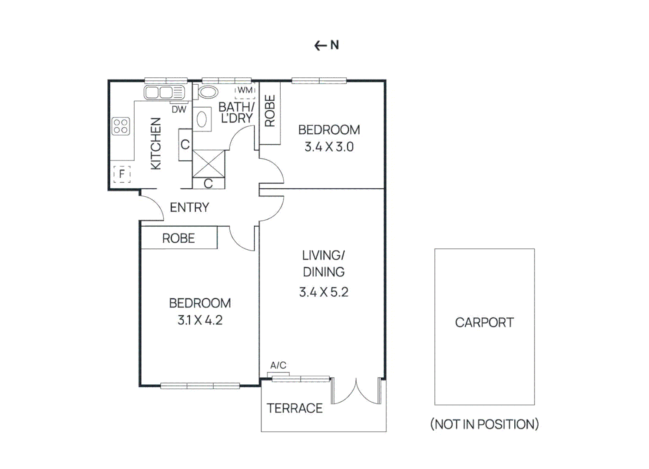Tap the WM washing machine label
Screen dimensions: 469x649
pyautogui.click(x=245, y=90)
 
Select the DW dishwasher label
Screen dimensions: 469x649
pyautogui.click(x=179, y=109)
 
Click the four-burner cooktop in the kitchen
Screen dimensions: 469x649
pyautogui.click(x=121, y=126)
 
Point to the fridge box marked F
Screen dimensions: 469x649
pyautogui.click(x=122, y=174)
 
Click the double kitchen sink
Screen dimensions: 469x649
pyautogui.click(x=164, y=92)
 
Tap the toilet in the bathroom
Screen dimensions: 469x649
pyautogui.click(x=207, y=92)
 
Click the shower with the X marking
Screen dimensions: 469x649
pyautogui.click(x=209, y=164)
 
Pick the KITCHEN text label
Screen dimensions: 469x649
pyautogui.click(x=156, y=143)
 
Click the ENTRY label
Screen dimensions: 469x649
pyautogui.click(x=189, y=208)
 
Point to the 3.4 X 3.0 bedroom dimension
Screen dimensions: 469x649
pyautogui.click(x=329, y=147)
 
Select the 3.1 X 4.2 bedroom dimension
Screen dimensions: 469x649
pyautogui.click(x=200, y=320)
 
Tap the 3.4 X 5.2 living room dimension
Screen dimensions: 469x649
pyautogui.click(x=324, y=292)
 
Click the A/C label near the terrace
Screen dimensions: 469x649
pyautogui.click(x=278, y=365)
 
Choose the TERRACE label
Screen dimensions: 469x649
pyautogui.click(x=295, y=408)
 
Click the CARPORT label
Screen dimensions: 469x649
pyautogui.click(x=484, y=323)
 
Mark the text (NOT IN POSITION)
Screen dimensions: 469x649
pyautogui.click(x=484, y=424)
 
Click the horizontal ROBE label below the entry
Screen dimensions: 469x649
pyautogui.click(x=179, y=238)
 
